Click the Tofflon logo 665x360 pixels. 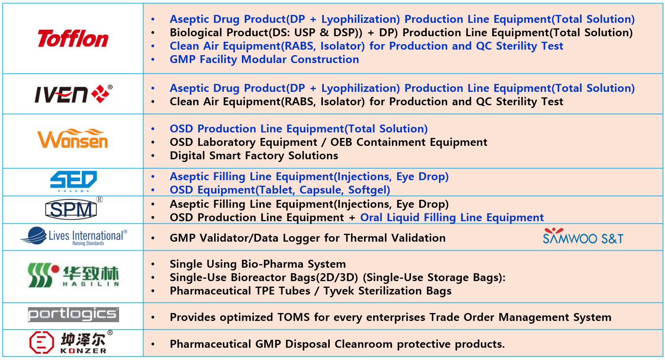click(x=73, y=39)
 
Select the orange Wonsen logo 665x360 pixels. click(x=73, y=138)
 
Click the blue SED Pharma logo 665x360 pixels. click(x=74, y=181)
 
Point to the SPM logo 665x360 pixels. click(x=73, y=209)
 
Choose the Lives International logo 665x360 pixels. click(x=74, y=237)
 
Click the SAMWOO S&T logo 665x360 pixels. click(x=583, y=236)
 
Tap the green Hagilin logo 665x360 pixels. click(x=73, y=275)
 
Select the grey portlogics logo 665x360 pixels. click(x=73, y=315)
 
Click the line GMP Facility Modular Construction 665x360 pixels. click(x=264, y=60)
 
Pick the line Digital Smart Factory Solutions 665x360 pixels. click(x=254, y=155)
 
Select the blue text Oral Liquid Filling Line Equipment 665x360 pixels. click(x=452, y=218)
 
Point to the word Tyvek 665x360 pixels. click(x=338, y=291)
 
